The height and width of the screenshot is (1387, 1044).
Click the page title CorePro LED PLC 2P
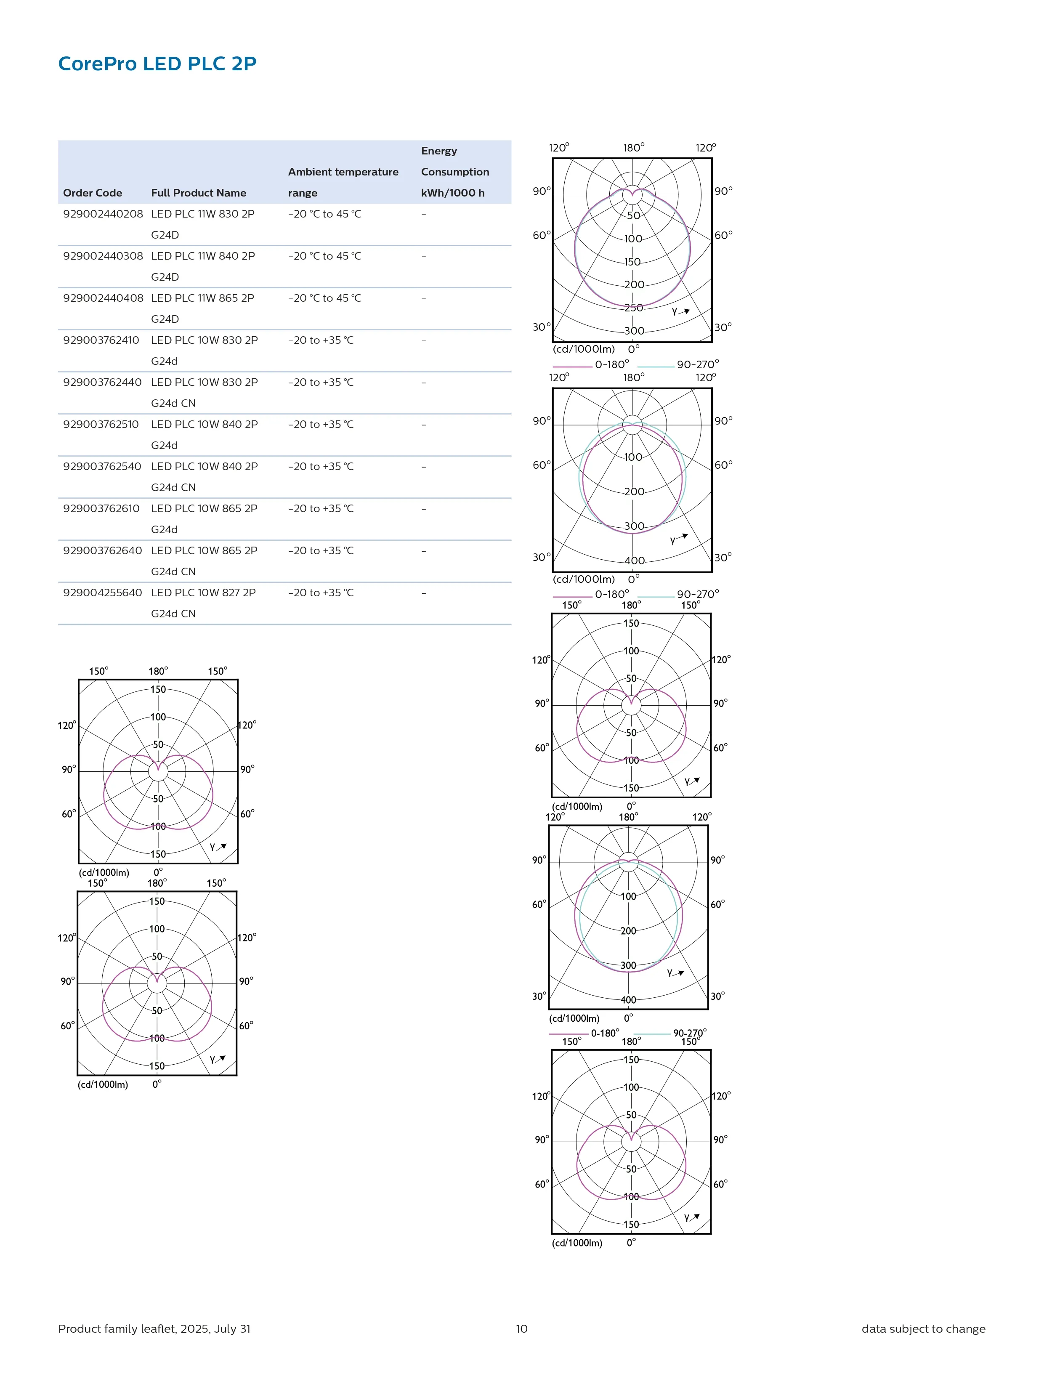[x=157, y=63]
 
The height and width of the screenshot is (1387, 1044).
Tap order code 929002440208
[x=103, y=214]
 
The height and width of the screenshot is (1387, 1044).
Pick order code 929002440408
[x=103, y=298]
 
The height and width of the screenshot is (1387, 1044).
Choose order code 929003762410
[x=101, y=340]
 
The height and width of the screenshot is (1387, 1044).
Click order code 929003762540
[x=102, y=466]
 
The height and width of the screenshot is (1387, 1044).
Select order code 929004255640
[x=102, y=593]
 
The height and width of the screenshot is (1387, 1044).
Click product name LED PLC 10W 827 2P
[x=203, y=593]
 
